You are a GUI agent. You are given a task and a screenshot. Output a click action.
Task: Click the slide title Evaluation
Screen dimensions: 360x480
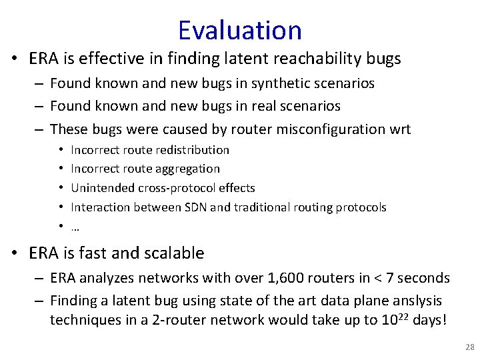(240, 30)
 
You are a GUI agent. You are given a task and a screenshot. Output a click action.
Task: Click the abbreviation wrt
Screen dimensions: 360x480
(397, 129)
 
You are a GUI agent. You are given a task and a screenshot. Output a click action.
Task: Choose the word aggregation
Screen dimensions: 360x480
(186, 169)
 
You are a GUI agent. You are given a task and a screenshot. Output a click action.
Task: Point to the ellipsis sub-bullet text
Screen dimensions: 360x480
(75, 227)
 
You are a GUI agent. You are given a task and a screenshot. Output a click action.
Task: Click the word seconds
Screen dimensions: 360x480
(427, 278)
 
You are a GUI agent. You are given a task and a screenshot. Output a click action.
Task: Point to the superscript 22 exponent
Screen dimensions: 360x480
(396, 316)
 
